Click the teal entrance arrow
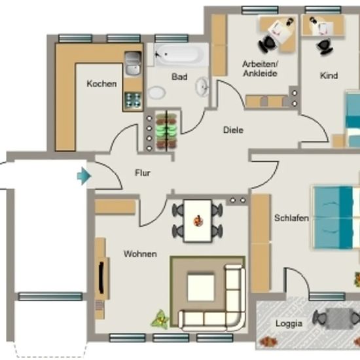tap(84, 176)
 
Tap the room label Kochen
tap(101, 84)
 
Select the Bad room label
tap(179, 77)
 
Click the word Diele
tap(233, 130)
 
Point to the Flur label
tap(143, 173)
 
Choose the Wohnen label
tap(140, 254)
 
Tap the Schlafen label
tap(291, 218)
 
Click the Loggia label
tap(289, 323)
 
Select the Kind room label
tap(329, 75)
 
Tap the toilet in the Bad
tap(156, 93)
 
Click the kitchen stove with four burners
tap(133, 100)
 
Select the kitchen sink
tap(133, 63)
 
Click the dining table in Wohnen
tap(198, 221)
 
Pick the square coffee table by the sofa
tap(201, 287)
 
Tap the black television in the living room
tap(101, 278)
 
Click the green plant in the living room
tap(160, 319)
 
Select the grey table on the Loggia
tap(338, 319)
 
